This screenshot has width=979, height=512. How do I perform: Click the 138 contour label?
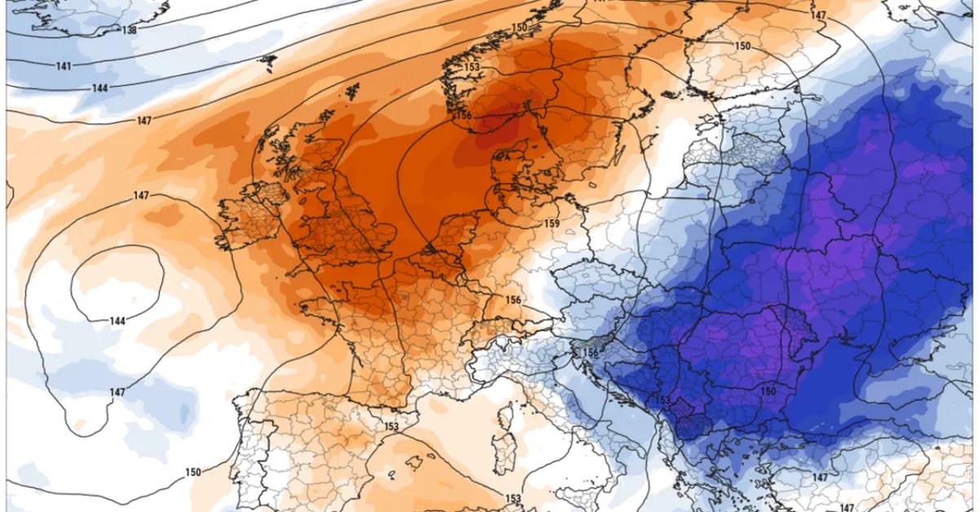128,30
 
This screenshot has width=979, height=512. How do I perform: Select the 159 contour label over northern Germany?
552,223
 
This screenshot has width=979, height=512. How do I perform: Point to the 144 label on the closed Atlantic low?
117,321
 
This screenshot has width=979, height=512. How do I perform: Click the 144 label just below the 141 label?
100,88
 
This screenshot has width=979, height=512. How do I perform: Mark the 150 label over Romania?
768,392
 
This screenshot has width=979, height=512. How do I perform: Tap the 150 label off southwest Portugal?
193,472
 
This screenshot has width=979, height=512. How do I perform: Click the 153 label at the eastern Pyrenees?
391,426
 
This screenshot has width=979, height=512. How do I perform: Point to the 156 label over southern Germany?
513,300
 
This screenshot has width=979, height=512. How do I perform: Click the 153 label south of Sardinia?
513,498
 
